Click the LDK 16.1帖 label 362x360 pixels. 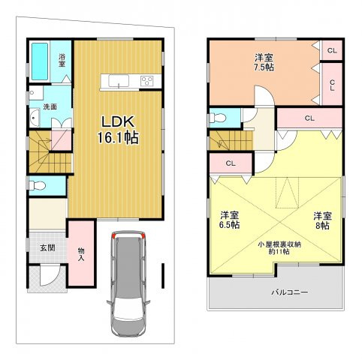pos(118,130)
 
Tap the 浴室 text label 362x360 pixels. pos(62,60)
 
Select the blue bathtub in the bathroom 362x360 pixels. pos(40,61)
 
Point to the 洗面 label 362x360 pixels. pos(50,106)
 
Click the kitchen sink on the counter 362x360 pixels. pos(119,81)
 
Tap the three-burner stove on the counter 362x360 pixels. pos(147,81)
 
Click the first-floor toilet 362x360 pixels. pos(37,185)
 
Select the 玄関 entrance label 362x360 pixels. pos(47,247)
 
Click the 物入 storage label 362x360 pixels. pos(81,254)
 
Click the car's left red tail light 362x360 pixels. pos(114,235)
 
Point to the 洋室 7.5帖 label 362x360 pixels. pos(264,62)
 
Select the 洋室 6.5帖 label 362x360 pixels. pos(229,220)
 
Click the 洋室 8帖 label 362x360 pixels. pos(323,220)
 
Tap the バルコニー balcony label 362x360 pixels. pos(290,292)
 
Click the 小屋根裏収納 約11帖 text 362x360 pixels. pos(279,248)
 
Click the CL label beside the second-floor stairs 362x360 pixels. pos(231,163)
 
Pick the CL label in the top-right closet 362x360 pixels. pos(332,50)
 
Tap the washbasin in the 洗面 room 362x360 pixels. pos(35,118)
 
